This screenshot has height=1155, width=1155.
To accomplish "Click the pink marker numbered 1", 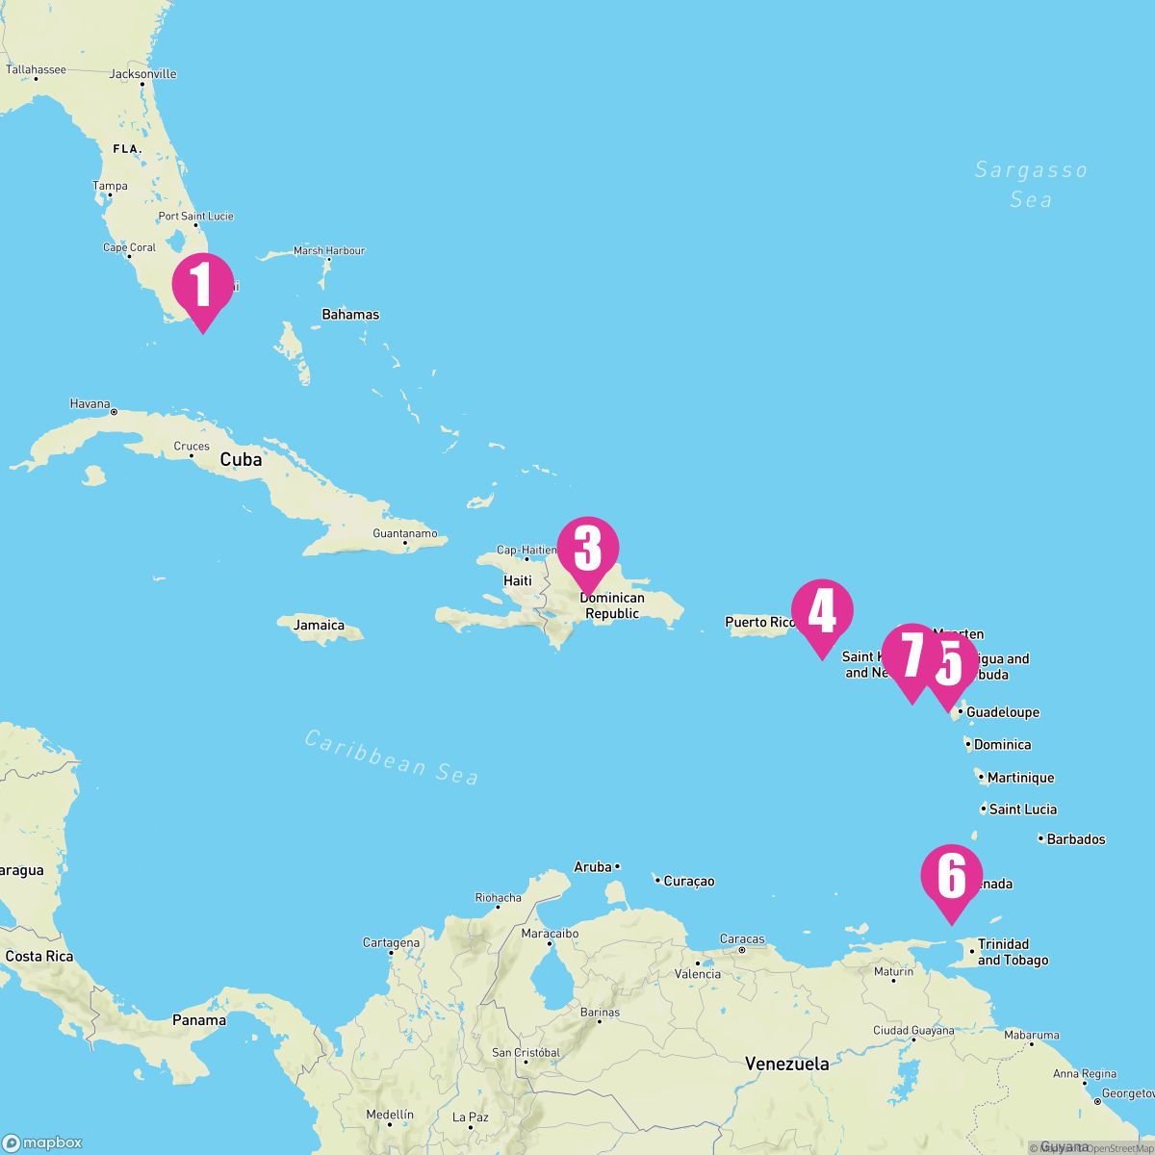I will pos(202,285).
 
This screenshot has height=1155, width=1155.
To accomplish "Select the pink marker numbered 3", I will pos(587,549).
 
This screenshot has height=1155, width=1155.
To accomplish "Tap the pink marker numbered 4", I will pos(822,612).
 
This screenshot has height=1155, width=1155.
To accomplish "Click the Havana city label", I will pos(90,404).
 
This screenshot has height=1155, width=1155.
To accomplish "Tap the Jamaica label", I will pos(319,626).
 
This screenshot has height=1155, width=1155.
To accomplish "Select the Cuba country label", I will pos(241,460).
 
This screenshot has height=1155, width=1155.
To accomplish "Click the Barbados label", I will pos(1076,839).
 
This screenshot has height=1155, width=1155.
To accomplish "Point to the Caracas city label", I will pos(742,939).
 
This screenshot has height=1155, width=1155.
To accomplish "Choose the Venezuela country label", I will pos(787,1065).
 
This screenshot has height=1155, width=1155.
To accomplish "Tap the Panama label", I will pos(199,1020).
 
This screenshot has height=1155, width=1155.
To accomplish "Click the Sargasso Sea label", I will pos(1031,185).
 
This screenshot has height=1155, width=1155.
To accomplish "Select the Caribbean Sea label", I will pos(392,757).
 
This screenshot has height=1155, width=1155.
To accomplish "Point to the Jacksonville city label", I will pos(143,74).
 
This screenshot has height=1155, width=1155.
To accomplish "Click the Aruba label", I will pos(593,867).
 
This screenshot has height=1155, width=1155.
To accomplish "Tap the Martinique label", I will pos(1020,778).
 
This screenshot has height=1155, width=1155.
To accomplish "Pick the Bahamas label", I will pos(350,315).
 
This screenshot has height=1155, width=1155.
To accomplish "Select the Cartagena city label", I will pos(391,943).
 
